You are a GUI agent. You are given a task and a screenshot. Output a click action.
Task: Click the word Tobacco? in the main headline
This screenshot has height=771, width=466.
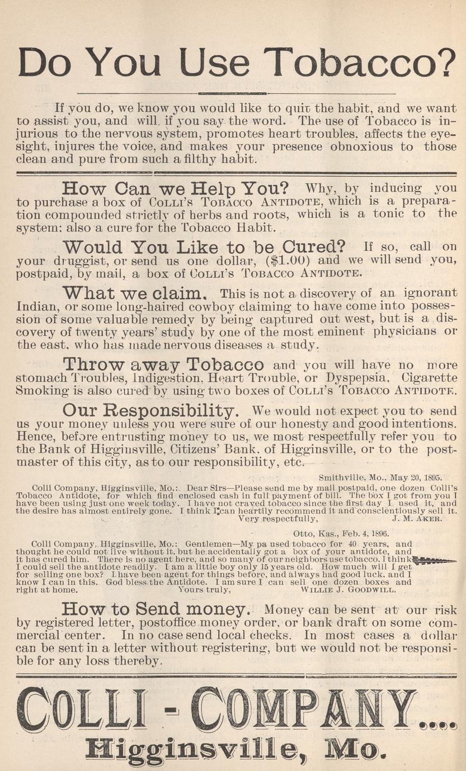[359, 62]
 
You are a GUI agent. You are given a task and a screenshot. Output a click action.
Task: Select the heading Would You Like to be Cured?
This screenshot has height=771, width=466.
[204, 246]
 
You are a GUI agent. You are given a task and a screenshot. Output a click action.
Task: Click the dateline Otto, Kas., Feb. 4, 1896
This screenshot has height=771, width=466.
[341, 534]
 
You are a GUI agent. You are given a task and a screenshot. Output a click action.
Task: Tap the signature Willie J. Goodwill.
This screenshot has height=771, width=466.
[349, 589]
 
